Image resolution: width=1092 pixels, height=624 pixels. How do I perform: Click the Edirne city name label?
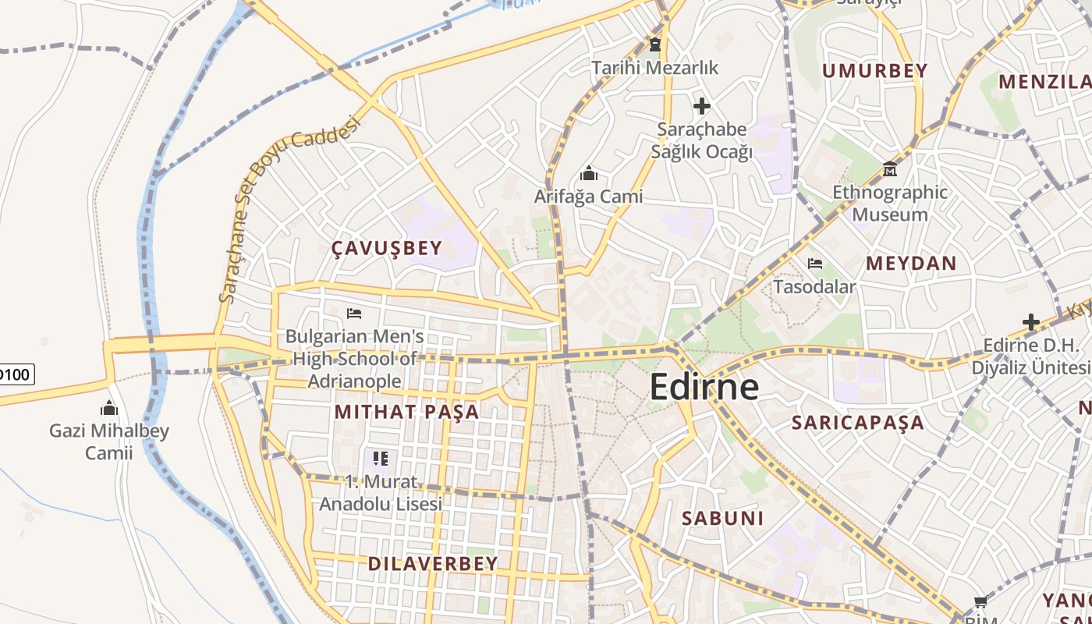[704, 387]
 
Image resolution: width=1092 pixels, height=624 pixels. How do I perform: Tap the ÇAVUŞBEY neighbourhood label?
[387, 249]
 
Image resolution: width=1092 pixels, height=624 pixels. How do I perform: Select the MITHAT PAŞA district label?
[406, 412]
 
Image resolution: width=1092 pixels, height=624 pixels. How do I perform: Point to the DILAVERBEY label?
[432, 564]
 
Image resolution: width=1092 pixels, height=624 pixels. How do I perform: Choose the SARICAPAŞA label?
[857, 423]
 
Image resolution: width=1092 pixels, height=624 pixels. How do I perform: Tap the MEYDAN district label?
[910, 264]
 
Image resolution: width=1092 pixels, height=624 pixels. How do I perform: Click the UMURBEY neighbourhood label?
[874, 71]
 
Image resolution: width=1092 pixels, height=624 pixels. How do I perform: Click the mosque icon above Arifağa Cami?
[589, 172]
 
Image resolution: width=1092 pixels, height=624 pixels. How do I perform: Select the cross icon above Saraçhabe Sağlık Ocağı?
[701, 105]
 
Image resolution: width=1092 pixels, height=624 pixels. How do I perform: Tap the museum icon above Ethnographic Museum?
[889, 168]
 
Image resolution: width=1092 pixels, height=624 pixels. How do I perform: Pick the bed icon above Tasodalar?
[815, 264]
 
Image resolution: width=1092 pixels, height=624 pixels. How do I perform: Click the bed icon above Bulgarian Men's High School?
[354, 314]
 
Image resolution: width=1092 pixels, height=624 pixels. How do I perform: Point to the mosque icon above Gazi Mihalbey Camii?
[109, 408]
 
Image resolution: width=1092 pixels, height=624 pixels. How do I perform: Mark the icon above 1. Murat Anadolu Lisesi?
[381, 458]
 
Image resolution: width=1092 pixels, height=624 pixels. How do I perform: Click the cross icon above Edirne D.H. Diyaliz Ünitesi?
[1031, 321]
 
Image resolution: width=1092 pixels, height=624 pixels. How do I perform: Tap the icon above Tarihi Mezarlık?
[654, 44]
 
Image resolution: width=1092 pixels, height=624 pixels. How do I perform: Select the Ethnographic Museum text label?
[890, 203]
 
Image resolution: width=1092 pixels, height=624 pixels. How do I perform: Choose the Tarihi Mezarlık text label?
[654, 68]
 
